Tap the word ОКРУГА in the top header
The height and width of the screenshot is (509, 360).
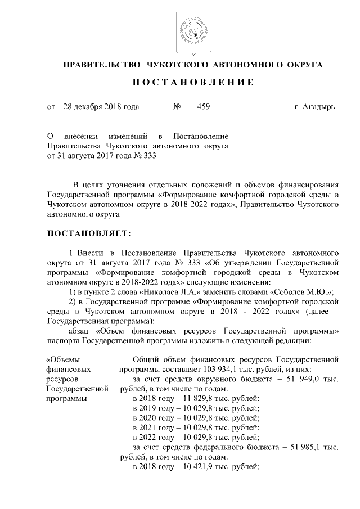point(302,65)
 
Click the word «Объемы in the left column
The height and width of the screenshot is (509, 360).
point(62,359)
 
